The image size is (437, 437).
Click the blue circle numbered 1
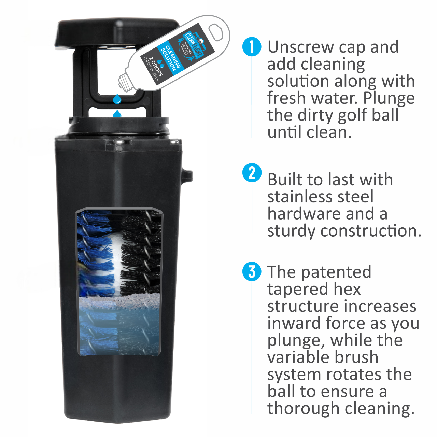(x=252, y=47)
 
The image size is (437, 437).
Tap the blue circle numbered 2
(x=252, y=173)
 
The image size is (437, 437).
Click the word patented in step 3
(x=336, y=272)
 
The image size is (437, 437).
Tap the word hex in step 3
(x=349, y=289)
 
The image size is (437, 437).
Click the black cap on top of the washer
(x=117, y=32)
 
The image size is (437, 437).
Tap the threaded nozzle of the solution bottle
(x=125, y=82)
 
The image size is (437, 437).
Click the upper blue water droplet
(x=117, y=99)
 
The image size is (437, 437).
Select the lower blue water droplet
(x=117, y=114)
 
